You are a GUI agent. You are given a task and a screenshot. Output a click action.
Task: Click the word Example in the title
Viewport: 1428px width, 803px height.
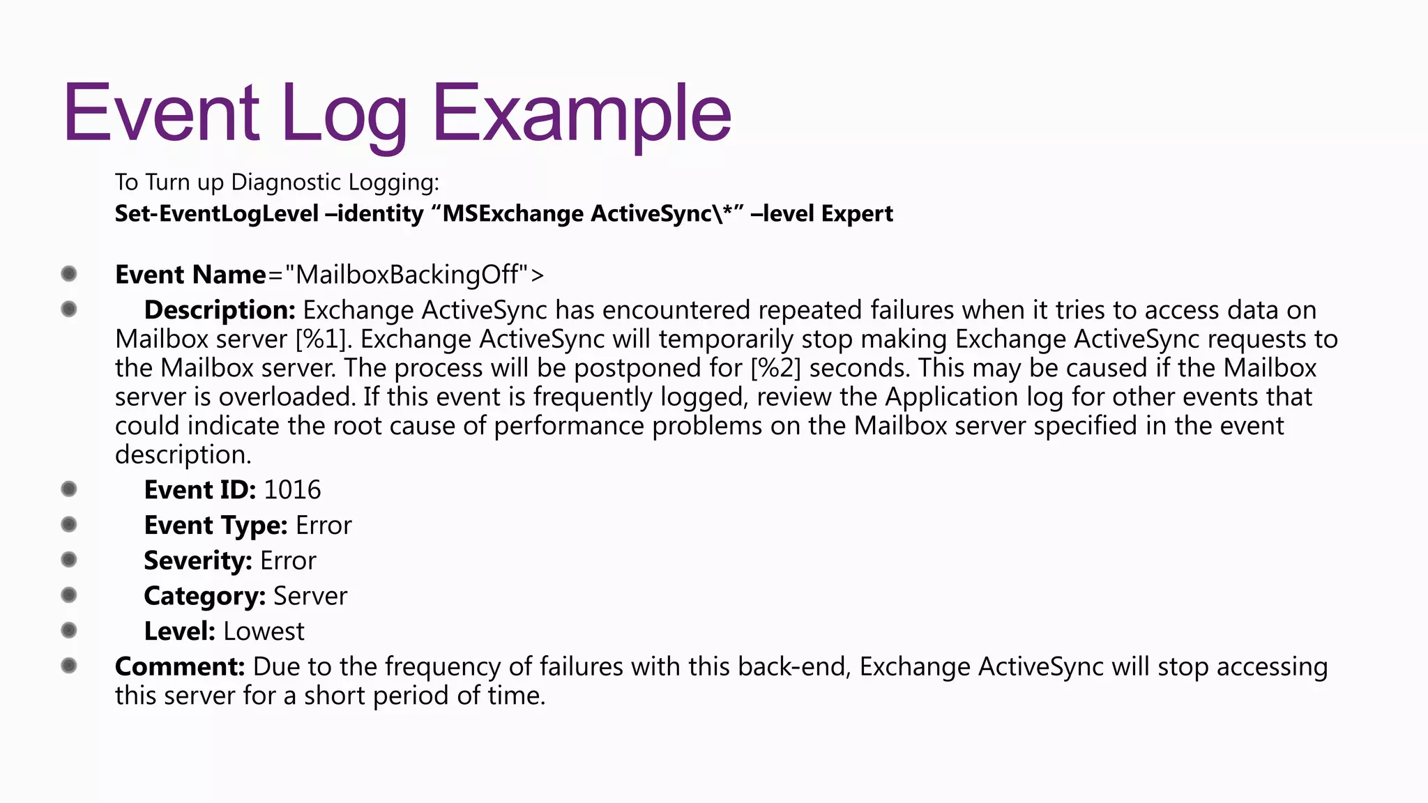click(582, 113)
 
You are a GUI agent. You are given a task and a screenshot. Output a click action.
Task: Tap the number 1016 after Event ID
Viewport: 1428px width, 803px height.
click(292, 490)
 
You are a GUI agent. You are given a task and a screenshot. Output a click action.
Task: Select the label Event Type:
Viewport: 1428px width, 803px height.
click(215, 526)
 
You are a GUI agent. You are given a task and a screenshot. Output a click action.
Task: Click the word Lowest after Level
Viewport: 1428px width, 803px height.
click(264, 632)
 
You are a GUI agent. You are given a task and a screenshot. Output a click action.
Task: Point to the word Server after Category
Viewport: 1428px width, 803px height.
click(310, 596)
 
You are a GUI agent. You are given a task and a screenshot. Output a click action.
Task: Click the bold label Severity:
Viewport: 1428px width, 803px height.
click(198, 560)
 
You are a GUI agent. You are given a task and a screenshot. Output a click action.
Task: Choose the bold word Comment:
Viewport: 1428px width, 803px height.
click(180, 666)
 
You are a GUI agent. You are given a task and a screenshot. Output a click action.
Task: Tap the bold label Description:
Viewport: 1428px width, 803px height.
click(220, 309)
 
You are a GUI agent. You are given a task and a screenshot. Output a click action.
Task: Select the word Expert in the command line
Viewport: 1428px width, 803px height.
click(857, 213)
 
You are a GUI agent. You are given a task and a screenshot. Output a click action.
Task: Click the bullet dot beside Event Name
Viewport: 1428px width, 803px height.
click(68, 273)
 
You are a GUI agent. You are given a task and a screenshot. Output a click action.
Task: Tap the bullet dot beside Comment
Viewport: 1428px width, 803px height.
click(68, 666)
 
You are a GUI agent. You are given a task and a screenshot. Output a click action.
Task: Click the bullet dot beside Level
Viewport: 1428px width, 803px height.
click(68, 630)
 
